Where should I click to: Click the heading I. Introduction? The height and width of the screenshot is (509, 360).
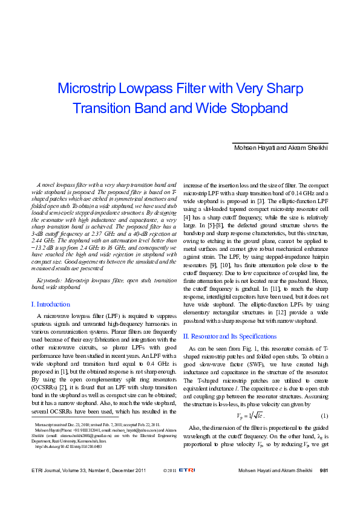click(50, 304)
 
